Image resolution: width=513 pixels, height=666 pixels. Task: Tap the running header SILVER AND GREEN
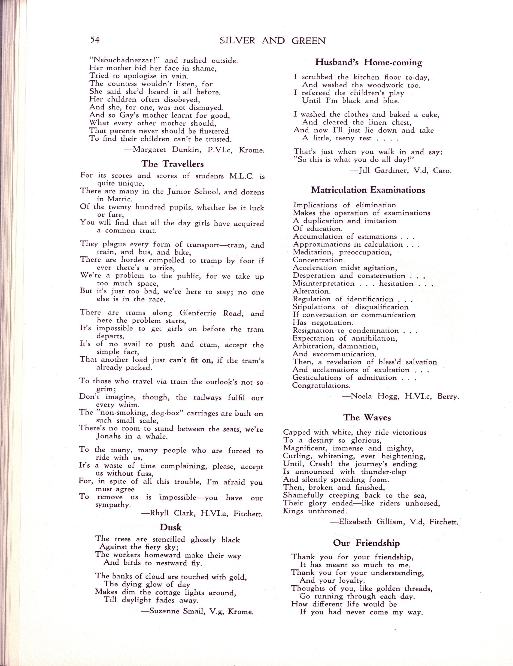pos(272,41)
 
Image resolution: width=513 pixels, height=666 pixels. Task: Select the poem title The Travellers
pos(172,164)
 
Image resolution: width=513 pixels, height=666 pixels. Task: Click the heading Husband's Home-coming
pos(368,63)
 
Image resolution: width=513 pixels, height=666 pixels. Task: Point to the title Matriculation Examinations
pos(368,190)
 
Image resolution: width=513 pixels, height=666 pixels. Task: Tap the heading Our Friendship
pos(366,543)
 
